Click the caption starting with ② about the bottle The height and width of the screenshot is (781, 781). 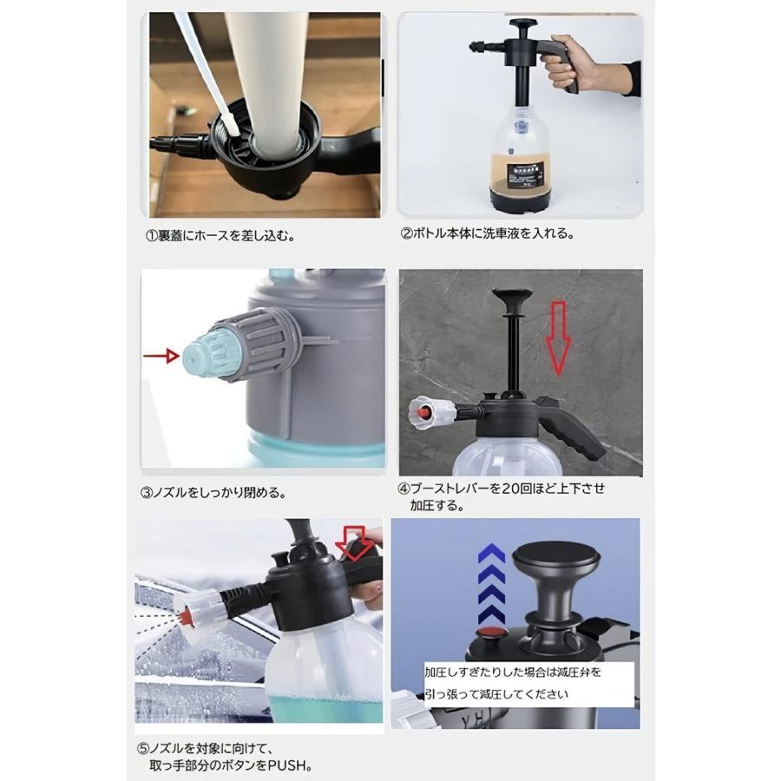pos(487,233)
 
